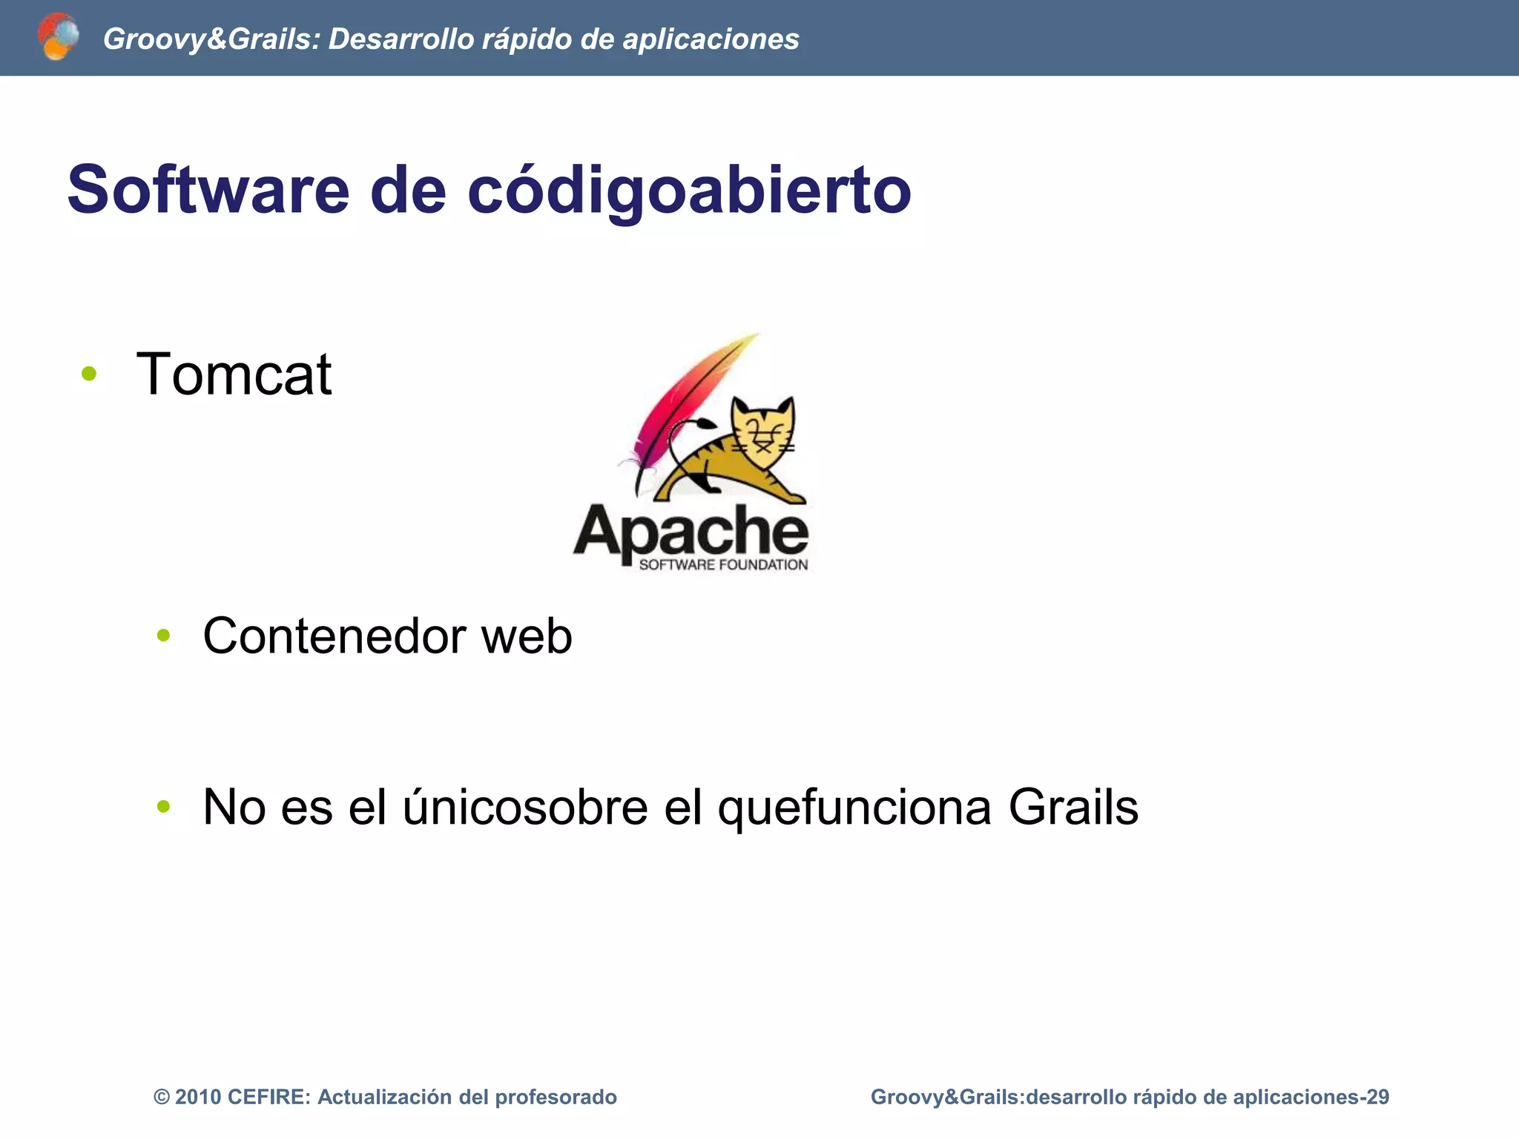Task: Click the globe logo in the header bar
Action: coord(58,36)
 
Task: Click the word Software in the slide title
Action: coord(208,190)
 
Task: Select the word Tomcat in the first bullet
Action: coord(234,374)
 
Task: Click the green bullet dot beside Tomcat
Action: coord(89,374)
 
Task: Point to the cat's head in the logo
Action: coord(762,426)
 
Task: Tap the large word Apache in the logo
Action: coord(690,532)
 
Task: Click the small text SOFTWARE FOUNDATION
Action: coord(723,565)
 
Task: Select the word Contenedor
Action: coord(334,636)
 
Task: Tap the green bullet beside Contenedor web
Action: coord(164,635)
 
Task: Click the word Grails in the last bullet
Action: coord(1072,807)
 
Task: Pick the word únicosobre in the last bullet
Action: coord(525,807)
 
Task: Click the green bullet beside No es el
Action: coord(164,806)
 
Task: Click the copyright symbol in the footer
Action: coord(161,1097)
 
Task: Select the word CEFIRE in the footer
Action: coord(268,1097)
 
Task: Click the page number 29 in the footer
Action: coord(1377,1097)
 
